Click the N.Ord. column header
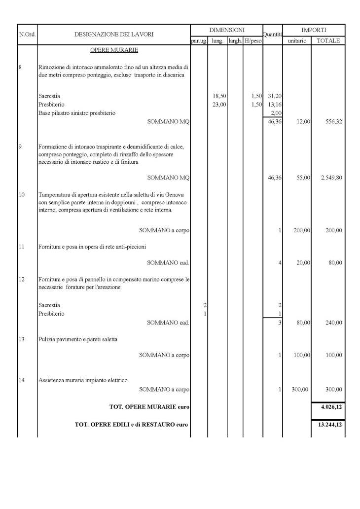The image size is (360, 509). pyautogui.click(x=27, y=35)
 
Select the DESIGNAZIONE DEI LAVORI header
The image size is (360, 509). pyautogui.click(x=114, y=35)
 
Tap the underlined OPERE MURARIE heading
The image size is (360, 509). pyautogui.click(x=114, y=50)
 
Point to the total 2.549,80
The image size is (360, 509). pyautogui.click(x=331, y=178)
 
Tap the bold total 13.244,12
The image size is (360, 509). pyautogui.click(x=329, y=424)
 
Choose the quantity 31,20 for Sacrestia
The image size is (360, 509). pyautogui.click(x=274, y=96)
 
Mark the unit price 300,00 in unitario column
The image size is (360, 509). pyautogui.click(x=300, y=390)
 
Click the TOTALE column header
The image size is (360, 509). pyautogui.click(x=328, y=41)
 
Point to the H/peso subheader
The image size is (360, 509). pyautogui.click(x=253, y=41)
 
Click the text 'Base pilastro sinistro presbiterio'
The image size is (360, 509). pyautogui.click(x=77, y=113)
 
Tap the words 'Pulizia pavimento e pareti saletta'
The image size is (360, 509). pyautogui.click(x=78, y=339)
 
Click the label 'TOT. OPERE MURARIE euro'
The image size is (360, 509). pyautogui.click(x=149, y=407)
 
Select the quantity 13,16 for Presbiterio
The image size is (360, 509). pyautogui.click(x=274, y=105)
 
